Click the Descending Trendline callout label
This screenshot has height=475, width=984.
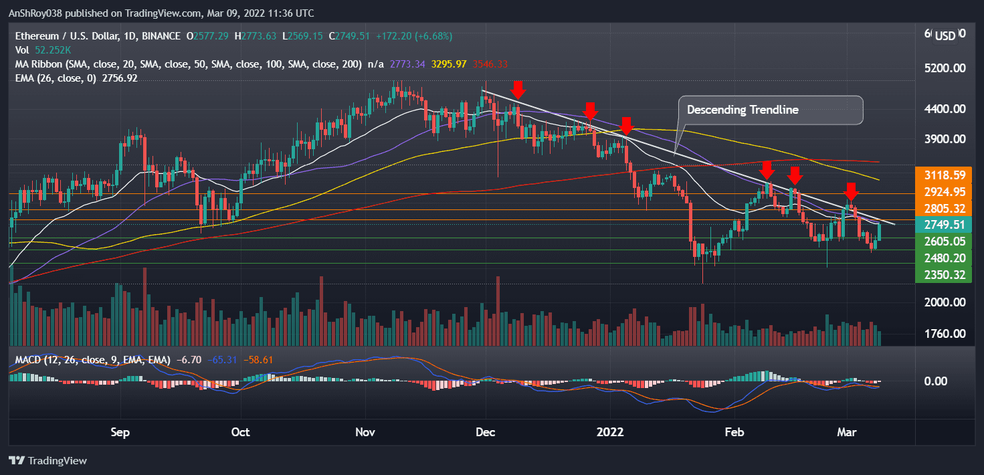tap(743, 110)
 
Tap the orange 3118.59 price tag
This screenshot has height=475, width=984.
tap(943, 175)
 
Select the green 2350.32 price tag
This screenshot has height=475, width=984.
tap(943, 274)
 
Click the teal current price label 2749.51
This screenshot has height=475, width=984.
tap(943, 225)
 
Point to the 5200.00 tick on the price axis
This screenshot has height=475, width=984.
tap(943, 68)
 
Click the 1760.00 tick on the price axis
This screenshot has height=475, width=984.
tap(943, 334)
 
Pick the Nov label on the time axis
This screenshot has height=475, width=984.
tap(365, 432)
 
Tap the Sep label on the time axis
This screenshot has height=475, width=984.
tap(120, 432)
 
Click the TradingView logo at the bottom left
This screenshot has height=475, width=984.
tap(47, 461)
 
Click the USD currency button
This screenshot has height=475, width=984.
tap(945, 35)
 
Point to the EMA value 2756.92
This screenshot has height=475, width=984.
tap(118, 78)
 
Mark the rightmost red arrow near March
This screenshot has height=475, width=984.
tap(851, 191)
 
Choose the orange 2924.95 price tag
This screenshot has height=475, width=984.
tap(943, 192)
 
